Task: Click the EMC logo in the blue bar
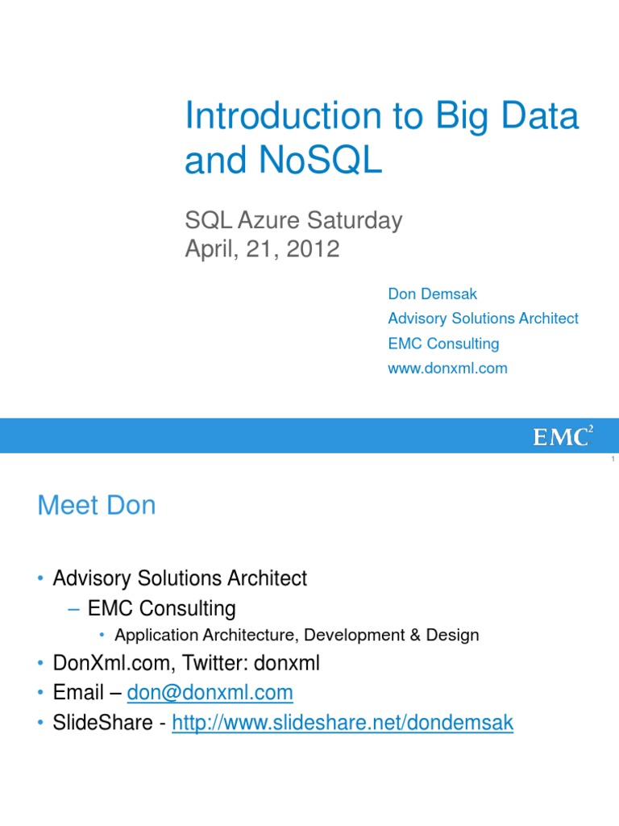tap(563, 436)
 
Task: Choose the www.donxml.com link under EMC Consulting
tap(447, 369)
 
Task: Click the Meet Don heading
tap(97, 506)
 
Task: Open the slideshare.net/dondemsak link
tap(343, 724)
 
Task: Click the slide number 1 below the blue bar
tap(613, 459)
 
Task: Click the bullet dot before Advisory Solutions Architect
tap(40, 579)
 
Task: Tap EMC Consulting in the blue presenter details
tap(443, 344)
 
